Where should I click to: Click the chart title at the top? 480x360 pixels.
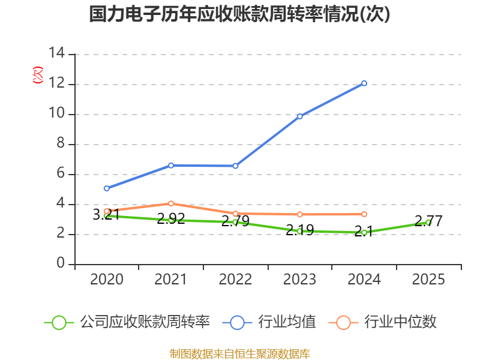pos(239,14)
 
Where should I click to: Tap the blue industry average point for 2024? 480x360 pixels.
pos(364,83)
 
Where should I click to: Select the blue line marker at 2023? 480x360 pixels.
pos(299,116)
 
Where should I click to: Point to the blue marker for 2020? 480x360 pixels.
pos(107,188)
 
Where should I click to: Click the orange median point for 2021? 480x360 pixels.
pos(171,203)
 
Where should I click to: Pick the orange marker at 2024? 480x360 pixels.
pos(364,214)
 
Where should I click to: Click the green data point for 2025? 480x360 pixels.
pos(428,223)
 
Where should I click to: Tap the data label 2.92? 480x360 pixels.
pos(171,218)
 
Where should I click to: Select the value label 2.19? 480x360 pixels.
pos(299,230)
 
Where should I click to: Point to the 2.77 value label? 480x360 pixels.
pos(428,221)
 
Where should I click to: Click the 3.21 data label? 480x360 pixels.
pos(106,214)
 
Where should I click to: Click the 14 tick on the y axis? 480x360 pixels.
pos(56,53)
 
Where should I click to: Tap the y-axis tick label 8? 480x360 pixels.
pos(61,143)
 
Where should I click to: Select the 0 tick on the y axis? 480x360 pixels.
pos(61,263)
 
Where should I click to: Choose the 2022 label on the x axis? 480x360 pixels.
pos(235,279)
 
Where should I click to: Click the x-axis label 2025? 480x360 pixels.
pos(428,279)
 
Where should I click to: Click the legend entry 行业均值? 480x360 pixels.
pos(287,322)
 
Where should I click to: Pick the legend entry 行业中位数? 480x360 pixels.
pos(400,322)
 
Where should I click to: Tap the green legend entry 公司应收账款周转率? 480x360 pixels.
pos(145,322)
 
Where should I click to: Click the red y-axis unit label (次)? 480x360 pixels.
pos(38,74)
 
